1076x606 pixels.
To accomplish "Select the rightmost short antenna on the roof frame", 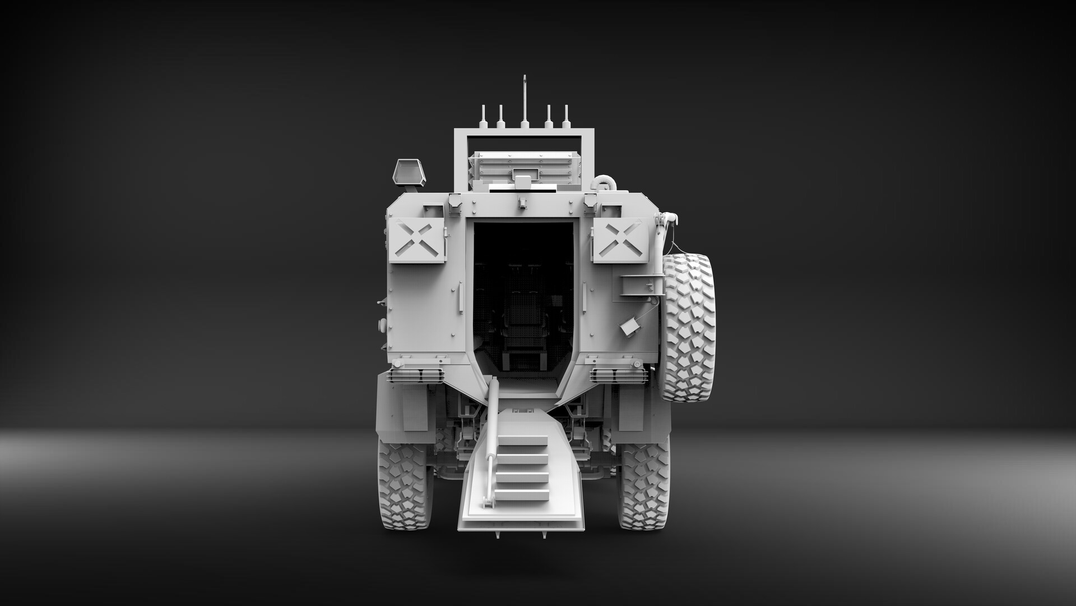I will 566,117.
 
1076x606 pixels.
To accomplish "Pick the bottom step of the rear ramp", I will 521,495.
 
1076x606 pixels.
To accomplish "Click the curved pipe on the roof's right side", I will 605,182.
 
